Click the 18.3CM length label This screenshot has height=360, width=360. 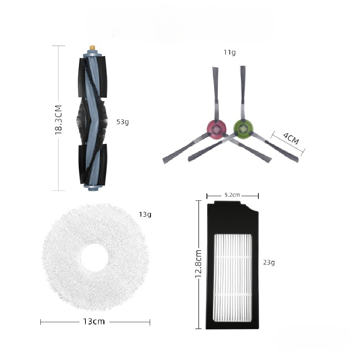[x=59, y=120]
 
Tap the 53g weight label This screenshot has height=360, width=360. [x=123, y=122]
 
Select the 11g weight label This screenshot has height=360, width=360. [x=230, y=52]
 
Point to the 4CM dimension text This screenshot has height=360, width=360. [x=291, y=138]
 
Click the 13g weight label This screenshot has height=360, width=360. [x=145, y=214]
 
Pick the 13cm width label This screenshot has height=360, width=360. [x=94, y=321]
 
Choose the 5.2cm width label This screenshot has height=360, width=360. [x=232, y=195]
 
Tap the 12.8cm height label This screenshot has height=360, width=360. [x=198, y=264]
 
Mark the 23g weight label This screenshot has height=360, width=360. [x=269, y=262]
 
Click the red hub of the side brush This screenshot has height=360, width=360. [x=216, y=130]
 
